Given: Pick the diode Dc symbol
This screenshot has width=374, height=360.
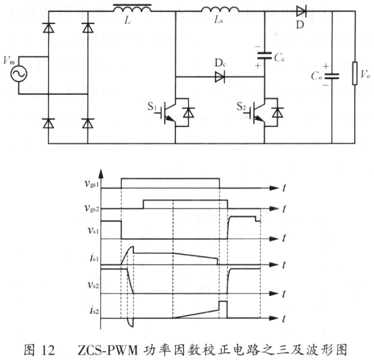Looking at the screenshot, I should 220,77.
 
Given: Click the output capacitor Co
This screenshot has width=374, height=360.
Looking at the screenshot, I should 332,76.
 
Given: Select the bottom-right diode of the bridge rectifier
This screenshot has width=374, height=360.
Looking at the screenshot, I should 88,123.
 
